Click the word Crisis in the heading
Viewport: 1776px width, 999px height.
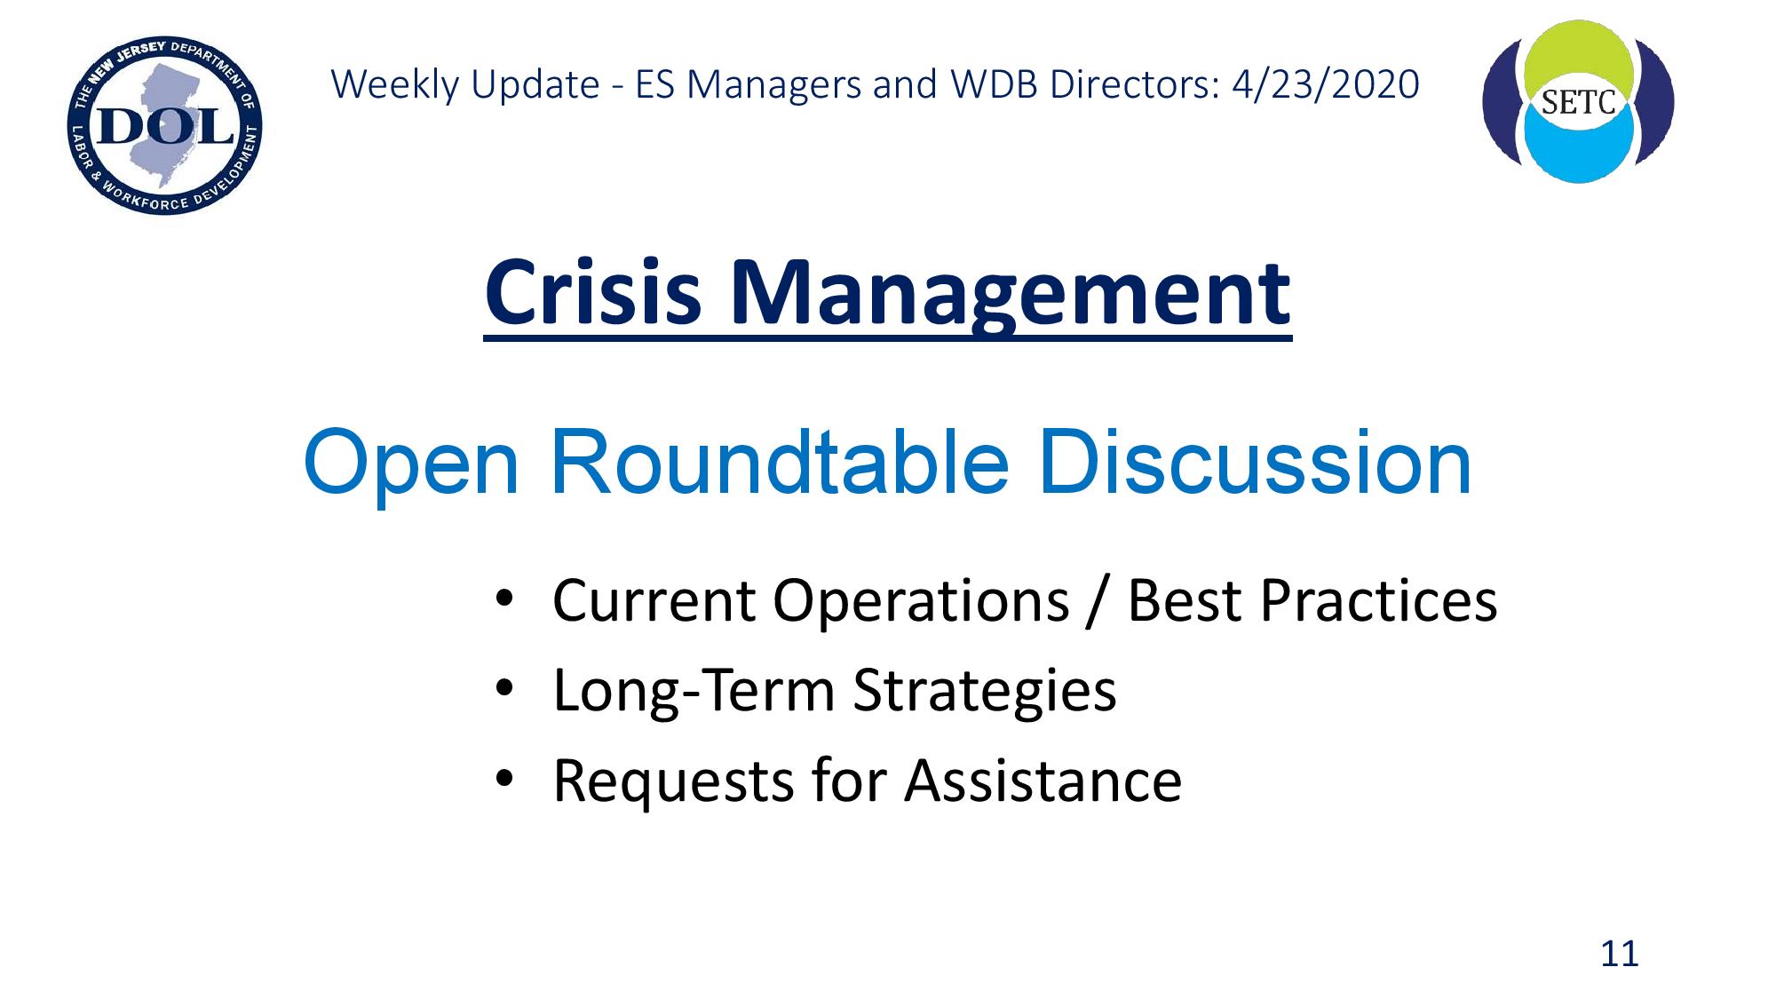pos(593,292)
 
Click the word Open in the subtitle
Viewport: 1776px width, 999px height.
pos(411,470)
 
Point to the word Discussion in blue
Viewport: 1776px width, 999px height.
pos(1256,462)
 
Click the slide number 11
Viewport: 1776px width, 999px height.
pos(1619,954)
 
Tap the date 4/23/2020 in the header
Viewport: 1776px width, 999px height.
pos(1326,85)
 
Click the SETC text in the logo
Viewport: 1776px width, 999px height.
pos(1579,103)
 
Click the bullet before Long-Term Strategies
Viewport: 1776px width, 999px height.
pos(505,688)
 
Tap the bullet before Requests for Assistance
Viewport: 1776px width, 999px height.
pos(505,779)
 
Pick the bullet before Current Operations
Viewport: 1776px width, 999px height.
pos(505,598)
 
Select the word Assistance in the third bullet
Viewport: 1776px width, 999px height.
pos(1043,781)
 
